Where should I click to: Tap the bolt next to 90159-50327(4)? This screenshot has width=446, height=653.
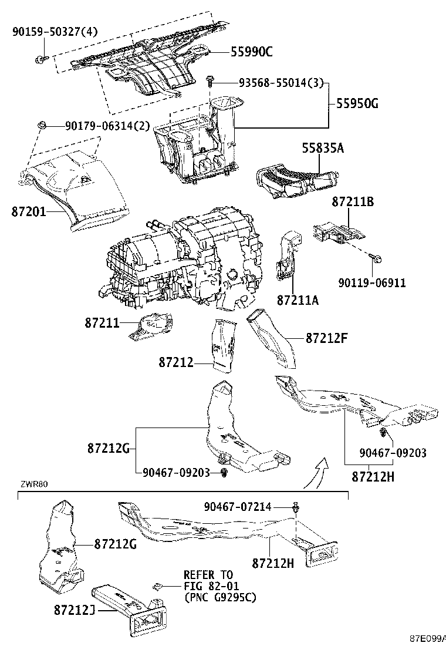coord(40,58)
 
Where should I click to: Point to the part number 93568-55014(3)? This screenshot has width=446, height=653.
coord(281,83)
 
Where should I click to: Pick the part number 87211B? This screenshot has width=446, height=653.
coord(353,202)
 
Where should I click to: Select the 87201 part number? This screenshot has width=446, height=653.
coord(28,210)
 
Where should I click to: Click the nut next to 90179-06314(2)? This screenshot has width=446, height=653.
coord(42,125)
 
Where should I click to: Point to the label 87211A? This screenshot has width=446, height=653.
coord(298,300)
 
